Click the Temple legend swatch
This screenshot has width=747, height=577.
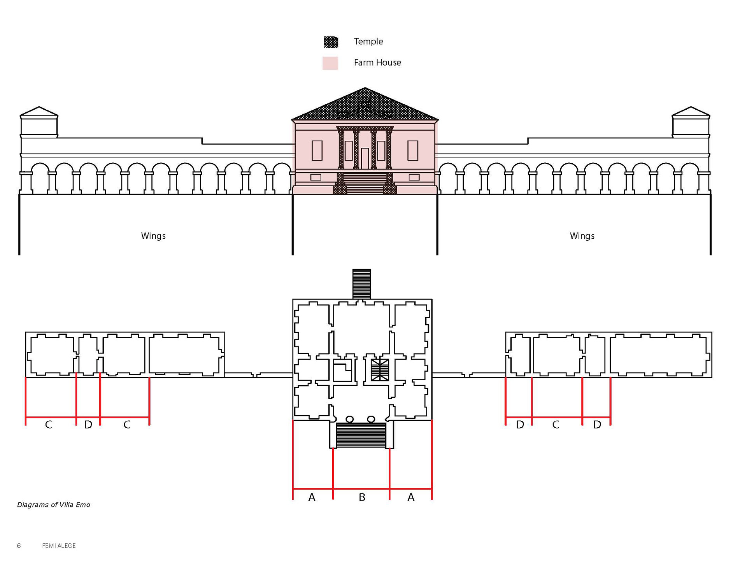pos(331,42)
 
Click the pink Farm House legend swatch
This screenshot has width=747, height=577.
pos(330,63)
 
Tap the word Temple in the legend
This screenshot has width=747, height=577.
pos(368,41)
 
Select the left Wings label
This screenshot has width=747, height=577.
pos(153,236)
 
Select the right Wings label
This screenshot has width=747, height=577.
pos(582,236)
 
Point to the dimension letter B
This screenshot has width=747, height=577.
pos(362,497)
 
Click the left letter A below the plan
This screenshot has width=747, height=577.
pos(312,497)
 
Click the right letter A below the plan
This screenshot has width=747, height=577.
pos(411,497)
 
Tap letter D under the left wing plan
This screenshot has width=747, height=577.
pos(88,425)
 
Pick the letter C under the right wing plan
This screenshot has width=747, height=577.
pos(556,425)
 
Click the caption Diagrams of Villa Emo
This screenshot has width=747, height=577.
pos(54,505)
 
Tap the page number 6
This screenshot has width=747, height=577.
pos(19,546)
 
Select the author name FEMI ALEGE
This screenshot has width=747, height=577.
pos(59,546)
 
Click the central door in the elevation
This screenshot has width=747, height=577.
pos(365,158)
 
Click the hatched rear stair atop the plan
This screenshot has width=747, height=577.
pos(361,284)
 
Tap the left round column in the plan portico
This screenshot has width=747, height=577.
pos(349,419)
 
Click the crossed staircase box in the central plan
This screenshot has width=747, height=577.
pos(380,370)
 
